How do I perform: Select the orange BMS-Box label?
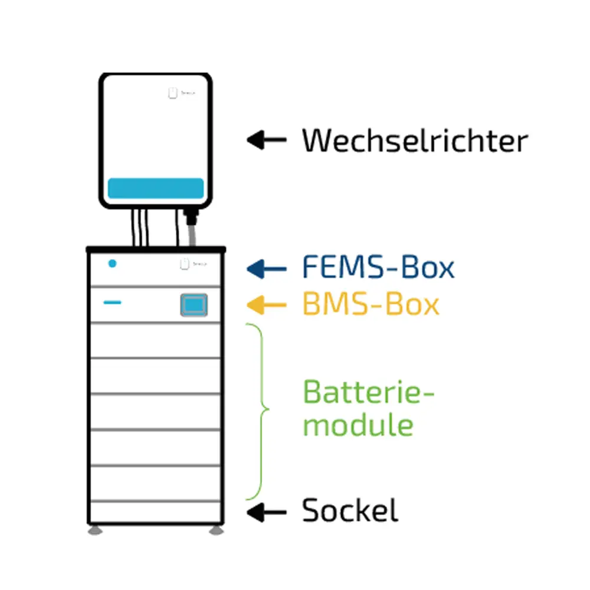(371, 305)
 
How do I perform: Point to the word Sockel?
(350, 511)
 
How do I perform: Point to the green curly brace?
(260, 410)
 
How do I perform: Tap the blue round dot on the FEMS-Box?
(112, 264)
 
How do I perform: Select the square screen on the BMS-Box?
(194, 304)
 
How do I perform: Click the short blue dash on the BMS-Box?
(113, 303)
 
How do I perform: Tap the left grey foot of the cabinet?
(96, 530)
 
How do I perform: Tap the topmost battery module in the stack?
(156, 340)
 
